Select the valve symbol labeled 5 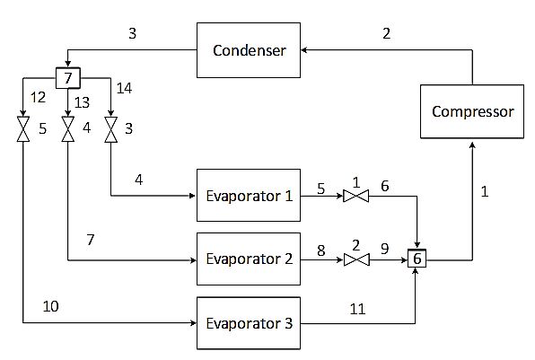[23, 129]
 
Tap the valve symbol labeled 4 [68, 129]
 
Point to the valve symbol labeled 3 [111, 129]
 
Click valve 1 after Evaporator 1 [355, 197]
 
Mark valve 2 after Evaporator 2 [356, 259]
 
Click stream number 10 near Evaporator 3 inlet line [50, 306]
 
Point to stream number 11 [357, 309]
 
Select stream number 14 [124, 88]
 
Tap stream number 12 [38, 98]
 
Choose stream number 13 [82, 102]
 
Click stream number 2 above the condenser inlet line [386, 33]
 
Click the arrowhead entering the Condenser [304, 50]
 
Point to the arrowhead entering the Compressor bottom [472, 145]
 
